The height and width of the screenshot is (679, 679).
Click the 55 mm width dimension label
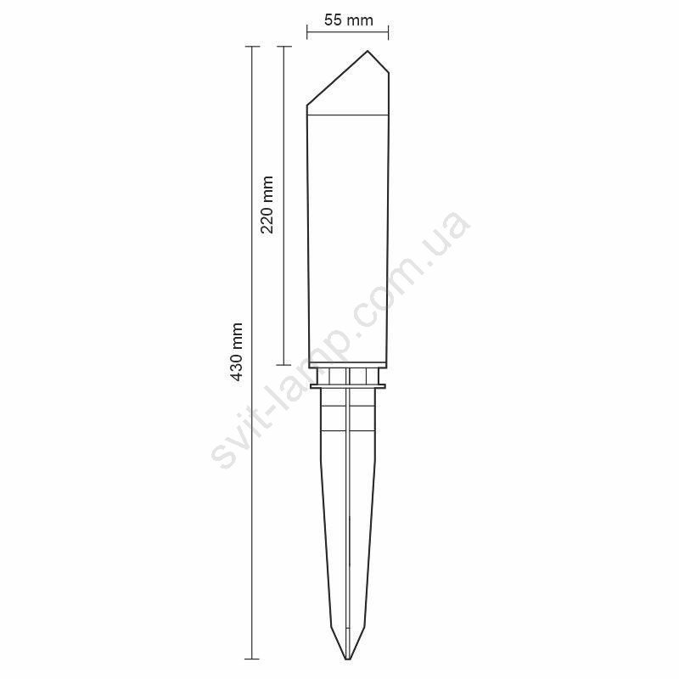click(x=349, y=20)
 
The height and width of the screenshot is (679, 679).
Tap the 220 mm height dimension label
click(x=267, y=205)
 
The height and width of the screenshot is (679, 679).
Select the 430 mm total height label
click(x=236, y=351)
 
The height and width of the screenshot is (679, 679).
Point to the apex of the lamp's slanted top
click(x=368, y=51)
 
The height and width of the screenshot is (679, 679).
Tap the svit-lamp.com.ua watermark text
click(x=341, y=340)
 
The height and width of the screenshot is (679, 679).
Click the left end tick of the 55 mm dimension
click(x=307, y=32)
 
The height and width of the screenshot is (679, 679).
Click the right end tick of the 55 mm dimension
click(x=388, y=32)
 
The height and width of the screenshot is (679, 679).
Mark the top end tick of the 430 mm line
click(x=252, y=47)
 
